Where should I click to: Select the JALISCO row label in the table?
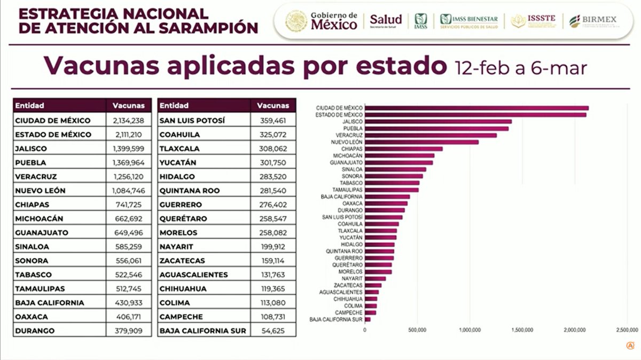pos(31,148)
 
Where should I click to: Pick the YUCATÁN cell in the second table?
pos(178,162)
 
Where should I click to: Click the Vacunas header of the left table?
pos(125,106)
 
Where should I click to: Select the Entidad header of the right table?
pos(174,106)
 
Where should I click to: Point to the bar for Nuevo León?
pos(421,142)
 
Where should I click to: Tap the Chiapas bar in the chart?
pos(403,149)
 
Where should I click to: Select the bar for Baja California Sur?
pos(368,319)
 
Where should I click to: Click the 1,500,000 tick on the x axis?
pos(522,330)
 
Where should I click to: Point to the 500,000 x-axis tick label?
pos(417,330)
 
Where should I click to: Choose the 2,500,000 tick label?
pos(626,330)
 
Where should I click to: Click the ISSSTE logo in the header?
pos(533,21)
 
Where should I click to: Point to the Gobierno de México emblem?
pos(296,21)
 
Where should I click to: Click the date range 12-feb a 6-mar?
pos(521,68)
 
